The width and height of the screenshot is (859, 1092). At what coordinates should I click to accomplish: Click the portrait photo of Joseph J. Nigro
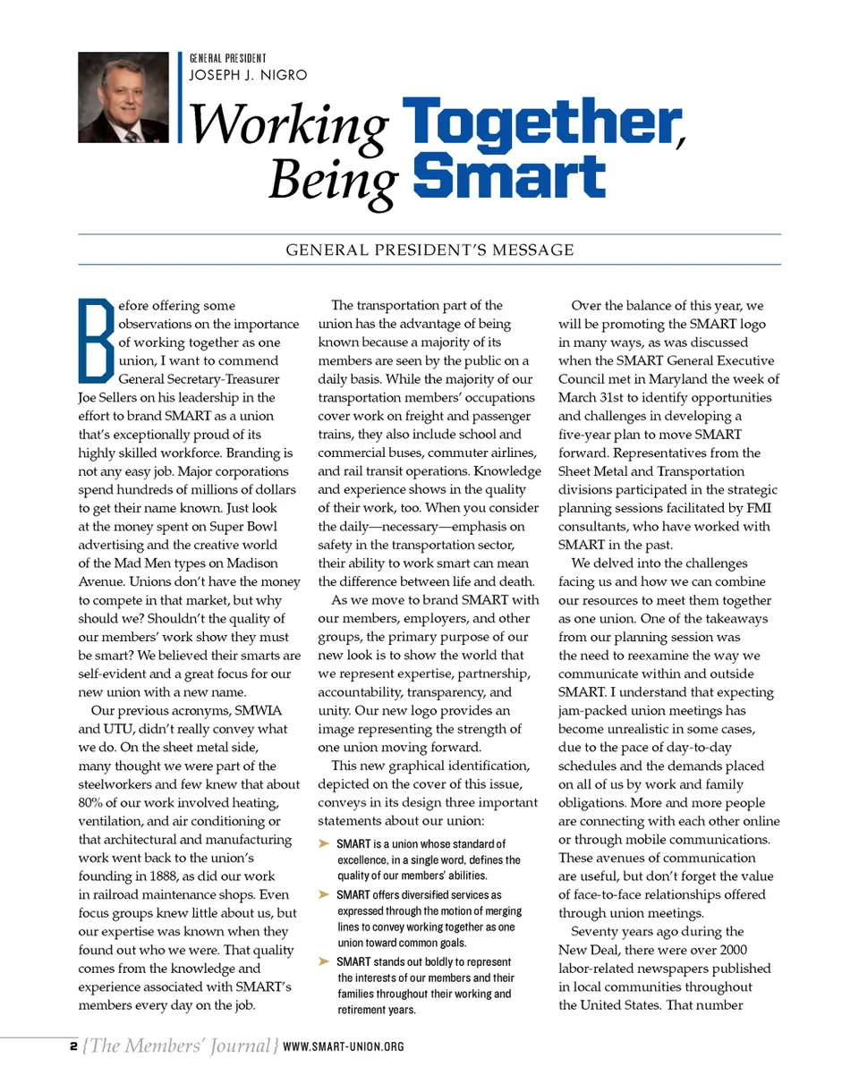tap(123, 97)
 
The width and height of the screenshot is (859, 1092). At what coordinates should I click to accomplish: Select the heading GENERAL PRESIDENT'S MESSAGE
tap(429, 250)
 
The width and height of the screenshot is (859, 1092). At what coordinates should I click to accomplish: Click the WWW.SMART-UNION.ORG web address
tap(343, 1046)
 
